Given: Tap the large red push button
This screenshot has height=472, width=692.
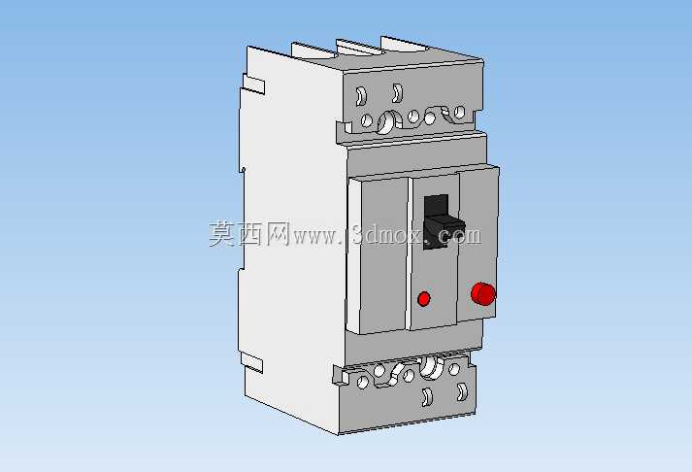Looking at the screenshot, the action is (x=483, y=293).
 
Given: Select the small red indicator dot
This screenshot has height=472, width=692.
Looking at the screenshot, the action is (x=424, y=298).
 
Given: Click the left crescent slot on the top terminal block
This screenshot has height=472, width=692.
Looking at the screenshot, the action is (x=361, y=95).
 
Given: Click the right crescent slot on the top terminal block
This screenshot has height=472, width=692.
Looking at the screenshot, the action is (x=397, y=92).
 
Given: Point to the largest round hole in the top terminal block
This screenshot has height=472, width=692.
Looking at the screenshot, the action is (x=387, y=121).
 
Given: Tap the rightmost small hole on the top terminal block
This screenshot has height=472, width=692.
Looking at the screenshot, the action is (x=459, y=112).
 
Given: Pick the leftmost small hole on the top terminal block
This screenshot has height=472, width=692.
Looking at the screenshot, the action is (x=366, y=120).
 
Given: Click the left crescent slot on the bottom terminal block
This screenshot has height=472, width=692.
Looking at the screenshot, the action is (x=427, y=397).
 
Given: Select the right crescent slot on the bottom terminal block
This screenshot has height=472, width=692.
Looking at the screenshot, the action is (x=462, y=391).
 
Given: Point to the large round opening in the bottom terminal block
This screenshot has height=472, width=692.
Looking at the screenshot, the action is (x=431, y=368).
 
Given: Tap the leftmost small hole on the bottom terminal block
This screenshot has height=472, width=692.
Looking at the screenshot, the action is (x=362, y=383).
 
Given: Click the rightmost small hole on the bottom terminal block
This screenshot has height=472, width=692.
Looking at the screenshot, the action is (x=454, y=369).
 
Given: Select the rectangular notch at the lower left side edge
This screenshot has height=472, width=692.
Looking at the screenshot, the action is (x=251, y=361).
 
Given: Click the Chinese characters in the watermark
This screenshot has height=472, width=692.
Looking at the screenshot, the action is (x=250, y=233).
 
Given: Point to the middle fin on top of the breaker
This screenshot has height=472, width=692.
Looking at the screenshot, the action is (x=358, y=48).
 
